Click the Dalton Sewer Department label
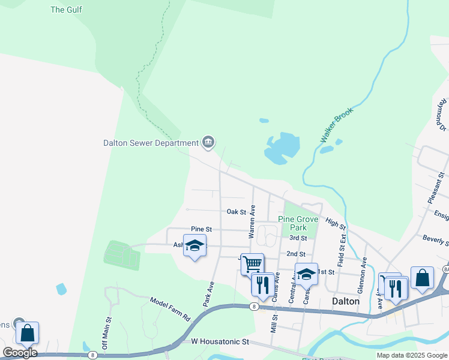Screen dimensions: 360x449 coord(151,143)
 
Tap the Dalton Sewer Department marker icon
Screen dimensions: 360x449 coord(208,142)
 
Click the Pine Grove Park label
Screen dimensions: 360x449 coord(298,224)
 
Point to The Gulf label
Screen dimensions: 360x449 coord(66,10)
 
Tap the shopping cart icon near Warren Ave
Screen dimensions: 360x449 coord(252,263)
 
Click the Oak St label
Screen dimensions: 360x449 coord(237,212)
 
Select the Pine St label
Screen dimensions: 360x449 coord(201,229)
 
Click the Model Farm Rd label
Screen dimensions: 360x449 coord(170,308)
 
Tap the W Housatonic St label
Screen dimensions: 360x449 coord(220,341)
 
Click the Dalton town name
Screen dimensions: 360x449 coord(345,301)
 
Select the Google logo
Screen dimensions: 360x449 coord(19,353)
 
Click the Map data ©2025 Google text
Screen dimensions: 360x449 coord(412,355)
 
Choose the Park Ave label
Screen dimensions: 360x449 coord(208,295)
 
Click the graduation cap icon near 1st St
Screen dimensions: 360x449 coord(306,274)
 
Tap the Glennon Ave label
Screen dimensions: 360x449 coord(362,275)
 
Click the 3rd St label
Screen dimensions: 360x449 coord(298,238)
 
